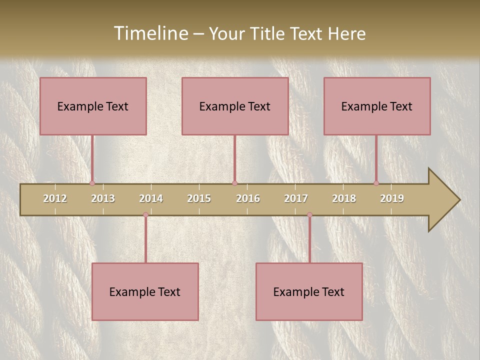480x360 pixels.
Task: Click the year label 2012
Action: [55, 198]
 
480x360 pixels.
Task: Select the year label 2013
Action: [103, 198]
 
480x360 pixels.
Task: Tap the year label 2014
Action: [151, 198]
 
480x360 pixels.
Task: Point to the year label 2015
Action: [199, 198]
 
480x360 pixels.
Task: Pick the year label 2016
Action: [248, 198]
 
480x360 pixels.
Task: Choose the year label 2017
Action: [296, 198]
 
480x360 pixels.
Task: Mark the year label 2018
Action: [344, 198]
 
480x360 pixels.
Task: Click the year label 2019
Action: [392, 198]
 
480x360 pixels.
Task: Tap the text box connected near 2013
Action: [93, 106]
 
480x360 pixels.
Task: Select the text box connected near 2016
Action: [235, 106]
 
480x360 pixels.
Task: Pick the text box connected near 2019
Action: [377, 106]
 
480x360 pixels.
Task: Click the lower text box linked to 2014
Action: [145, 291]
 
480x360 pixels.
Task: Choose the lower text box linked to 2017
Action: [309, 291]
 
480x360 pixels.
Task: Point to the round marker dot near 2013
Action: [92, 183]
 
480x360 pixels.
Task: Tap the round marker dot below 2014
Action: [145, 214]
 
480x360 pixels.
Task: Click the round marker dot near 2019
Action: [376, 183]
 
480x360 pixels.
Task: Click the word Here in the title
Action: [346, 33]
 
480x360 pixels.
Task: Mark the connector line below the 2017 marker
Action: [309, 240]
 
